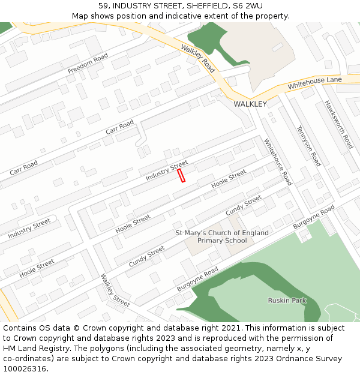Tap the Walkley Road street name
(x=197, y=58)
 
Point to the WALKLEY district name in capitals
(x=250, y=104)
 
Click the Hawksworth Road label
(x=339, y=124)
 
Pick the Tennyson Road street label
(x=308, y=146)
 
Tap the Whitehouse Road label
(x=278, y=161)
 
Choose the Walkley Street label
(x=115, y=290)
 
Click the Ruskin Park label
(x=287, y=300)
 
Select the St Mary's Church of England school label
(x=222, y=236)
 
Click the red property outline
(x=181, y=175)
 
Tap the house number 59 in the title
(x=103, y=6)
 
